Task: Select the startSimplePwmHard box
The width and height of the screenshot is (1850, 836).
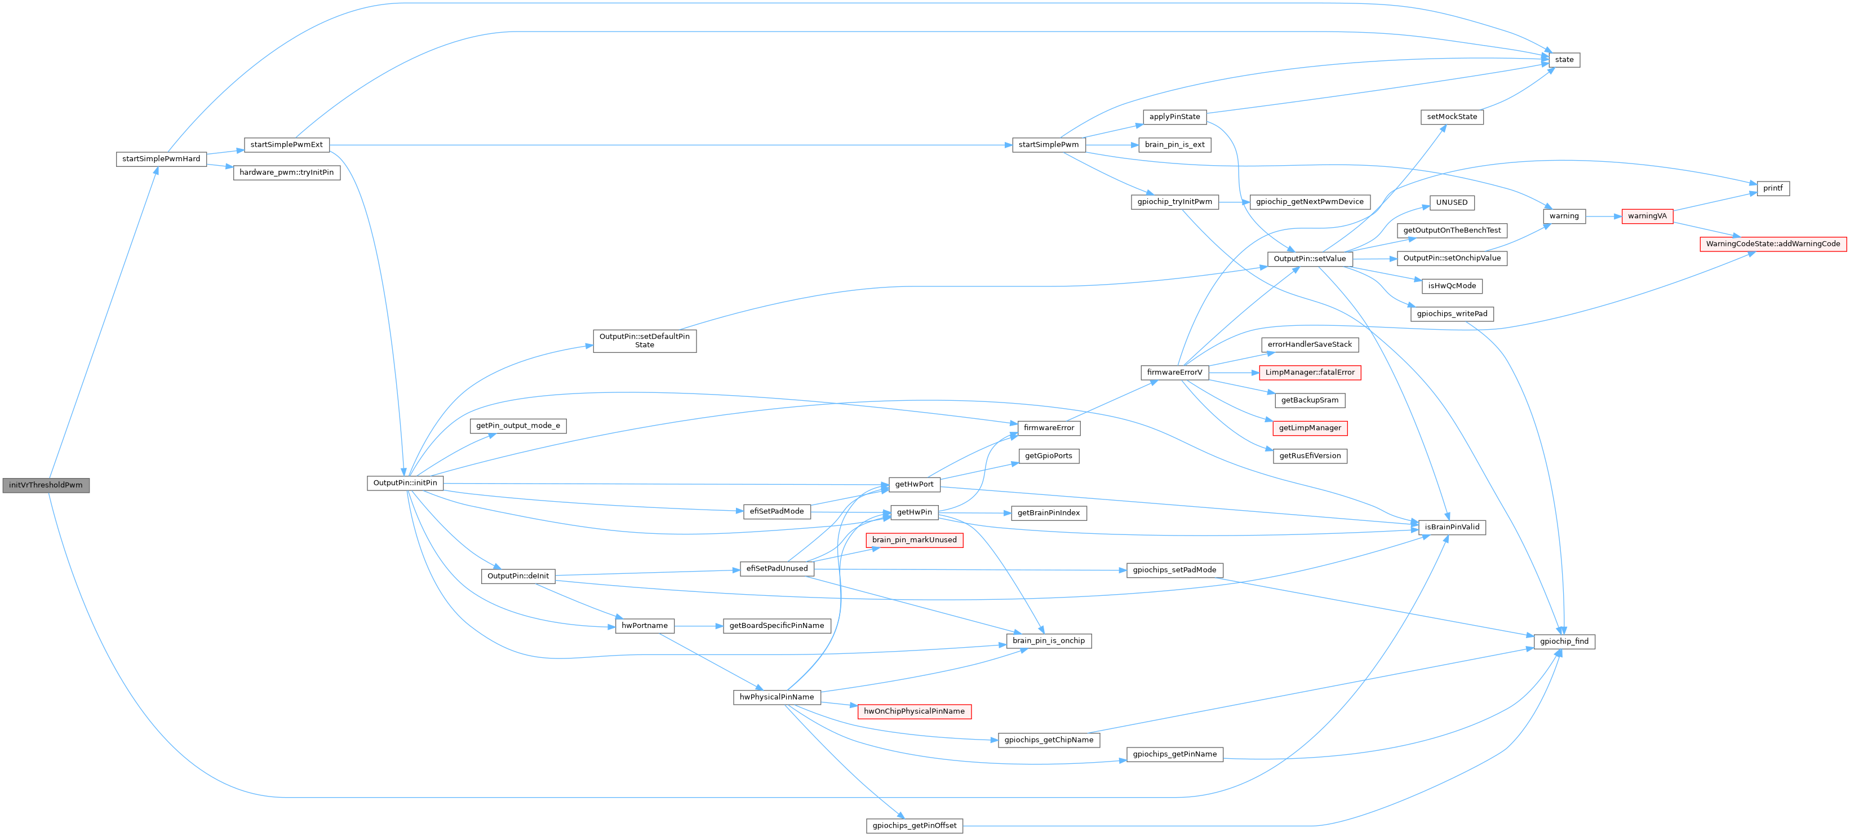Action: tap(161, 159)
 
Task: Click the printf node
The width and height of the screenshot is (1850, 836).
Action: tap(1772, 188)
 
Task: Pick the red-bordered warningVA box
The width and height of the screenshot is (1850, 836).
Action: tap(1647, 216)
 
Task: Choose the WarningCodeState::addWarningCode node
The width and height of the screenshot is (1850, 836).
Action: tap(1772, 244)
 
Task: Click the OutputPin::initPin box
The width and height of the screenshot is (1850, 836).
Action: tap(405, 483)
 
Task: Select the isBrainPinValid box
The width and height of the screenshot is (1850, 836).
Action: tap(1452, 527)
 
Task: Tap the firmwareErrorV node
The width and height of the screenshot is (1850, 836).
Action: tap(1174, 373)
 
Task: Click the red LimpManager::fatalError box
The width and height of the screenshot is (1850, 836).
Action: tap(1309, 373)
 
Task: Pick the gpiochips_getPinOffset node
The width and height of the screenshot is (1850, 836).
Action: tap(913, 826)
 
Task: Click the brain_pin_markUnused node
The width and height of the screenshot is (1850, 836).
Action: tap(913, 540)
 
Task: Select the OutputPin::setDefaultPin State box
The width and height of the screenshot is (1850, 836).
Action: tap(644, 340)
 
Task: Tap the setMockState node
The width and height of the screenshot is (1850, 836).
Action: tap(1452, 116)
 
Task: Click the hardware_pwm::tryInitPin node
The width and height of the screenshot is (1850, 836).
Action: tap(287, 172)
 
